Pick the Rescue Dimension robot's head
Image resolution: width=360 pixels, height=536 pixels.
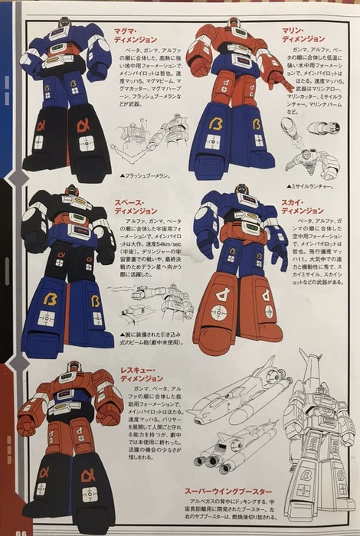coord(71,370)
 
